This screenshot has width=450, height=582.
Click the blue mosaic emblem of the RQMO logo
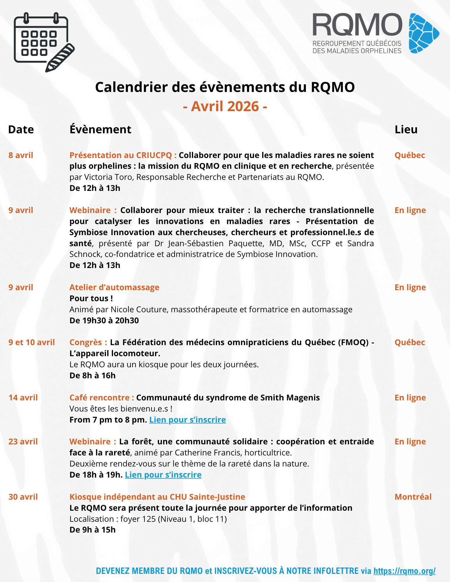coord(423,33)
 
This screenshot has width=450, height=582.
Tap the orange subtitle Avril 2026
coord(225,106)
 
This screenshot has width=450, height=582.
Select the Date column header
coord(21,129)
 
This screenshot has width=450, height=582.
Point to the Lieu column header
coord(406,129)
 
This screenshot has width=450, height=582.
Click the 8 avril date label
coord(21,155)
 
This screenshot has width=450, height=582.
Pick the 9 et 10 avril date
coord(31,342)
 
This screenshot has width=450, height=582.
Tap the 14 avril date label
coord(23,398)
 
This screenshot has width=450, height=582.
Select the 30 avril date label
coord(23,497)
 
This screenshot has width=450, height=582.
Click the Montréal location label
coord(413,497)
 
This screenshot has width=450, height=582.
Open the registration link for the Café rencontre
coord(187,420)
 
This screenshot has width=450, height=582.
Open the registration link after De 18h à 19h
coord(163,475)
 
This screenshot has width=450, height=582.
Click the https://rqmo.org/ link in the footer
coord(404,571)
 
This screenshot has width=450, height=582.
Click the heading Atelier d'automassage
coord(114,287)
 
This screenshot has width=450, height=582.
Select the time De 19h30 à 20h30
coord(104,320)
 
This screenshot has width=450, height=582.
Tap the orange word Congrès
coord(86,342)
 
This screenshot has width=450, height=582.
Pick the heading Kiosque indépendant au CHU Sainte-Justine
coord(157,497)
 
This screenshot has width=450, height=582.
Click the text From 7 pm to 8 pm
coord(108,420)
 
